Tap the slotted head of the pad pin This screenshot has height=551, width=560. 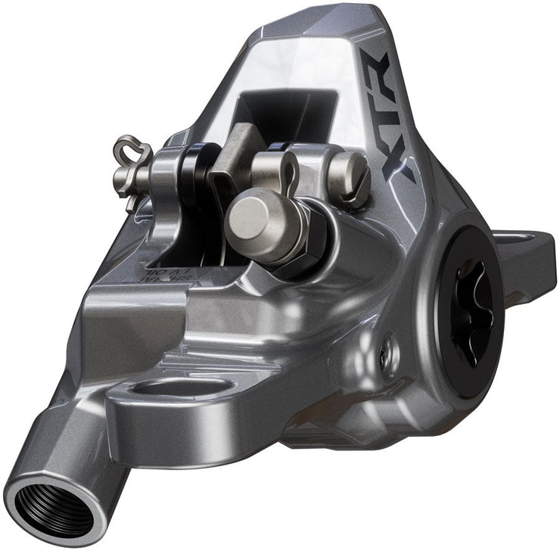point(350,176)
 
